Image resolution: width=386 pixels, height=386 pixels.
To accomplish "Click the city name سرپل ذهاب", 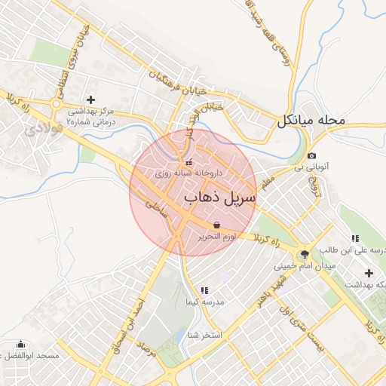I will coord(221,198).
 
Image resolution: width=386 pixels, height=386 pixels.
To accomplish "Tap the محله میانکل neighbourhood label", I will coord(311,119).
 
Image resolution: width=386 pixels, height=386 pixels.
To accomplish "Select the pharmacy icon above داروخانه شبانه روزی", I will coord(188,161).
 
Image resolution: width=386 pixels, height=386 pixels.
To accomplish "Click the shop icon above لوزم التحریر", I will coord(217,225).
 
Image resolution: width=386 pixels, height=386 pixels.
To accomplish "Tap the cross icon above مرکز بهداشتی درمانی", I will coord(91,99).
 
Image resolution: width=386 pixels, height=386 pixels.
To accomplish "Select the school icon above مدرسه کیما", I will coord(204,290).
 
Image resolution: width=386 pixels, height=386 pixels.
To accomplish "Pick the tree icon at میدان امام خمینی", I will coord(305,254).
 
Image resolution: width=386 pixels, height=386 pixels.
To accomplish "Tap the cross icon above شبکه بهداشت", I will coord(369,273).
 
